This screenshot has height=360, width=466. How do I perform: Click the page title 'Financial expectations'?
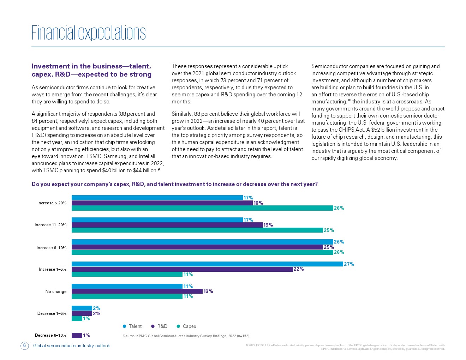tap(88, 32)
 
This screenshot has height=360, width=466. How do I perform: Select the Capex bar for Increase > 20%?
tap(202, 208)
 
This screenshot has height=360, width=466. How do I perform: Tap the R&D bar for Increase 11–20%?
tap(167, 225)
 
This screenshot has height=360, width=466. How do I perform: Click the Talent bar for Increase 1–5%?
tap(207, 264)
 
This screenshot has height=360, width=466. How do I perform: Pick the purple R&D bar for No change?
tap(137, 291)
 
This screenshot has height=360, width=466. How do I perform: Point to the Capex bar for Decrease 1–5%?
tap(77, 319)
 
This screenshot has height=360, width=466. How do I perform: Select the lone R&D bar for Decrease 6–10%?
tap(77, 335)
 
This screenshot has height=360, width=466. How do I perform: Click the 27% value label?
tap(349, 264)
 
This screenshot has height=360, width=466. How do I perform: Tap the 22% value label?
tap(299, 269)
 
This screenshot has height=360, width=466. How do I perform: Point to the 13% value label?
tap(208, 291)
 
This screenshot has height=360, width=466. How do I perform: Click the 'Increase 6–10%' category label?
tap(52, 248)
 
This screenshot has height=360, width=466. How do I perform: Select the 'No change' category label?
tap(56, 292)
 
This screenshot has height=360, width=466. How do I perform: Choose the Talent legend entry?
tap(132, 326)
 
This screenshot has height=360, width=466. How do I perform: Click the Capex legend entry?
tap(186, 326)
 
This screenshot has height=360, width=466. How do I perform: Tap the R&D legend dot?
tap(153, 326)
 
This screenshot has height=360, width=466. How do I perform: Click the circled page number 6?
tap(24, 346)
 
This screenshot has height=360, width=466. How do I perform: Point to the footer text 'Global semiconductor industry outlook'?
tap(71, 346)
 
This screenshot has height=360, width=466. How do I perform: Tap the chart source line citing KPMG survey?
tap(186, 336)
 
